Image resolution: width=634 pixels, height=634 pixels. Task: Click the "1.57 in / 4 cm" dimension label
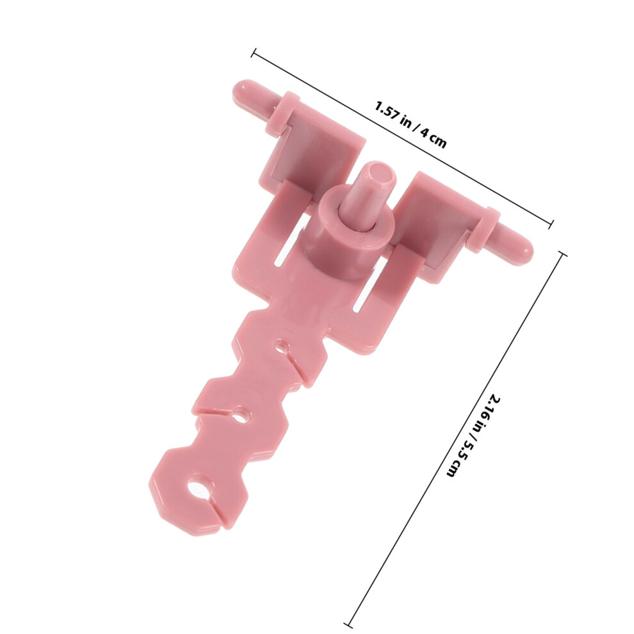click(x=410, y=125)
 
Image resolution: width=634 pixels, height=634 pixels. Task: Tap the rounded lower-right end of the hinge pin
click(x=525, y=248)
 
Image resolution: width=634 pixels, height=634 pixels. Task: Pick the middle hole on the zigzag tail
click(x=241, y=416)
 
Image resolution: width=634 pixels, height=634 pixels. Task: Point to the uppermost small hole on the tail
click(x=281, y=346)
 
